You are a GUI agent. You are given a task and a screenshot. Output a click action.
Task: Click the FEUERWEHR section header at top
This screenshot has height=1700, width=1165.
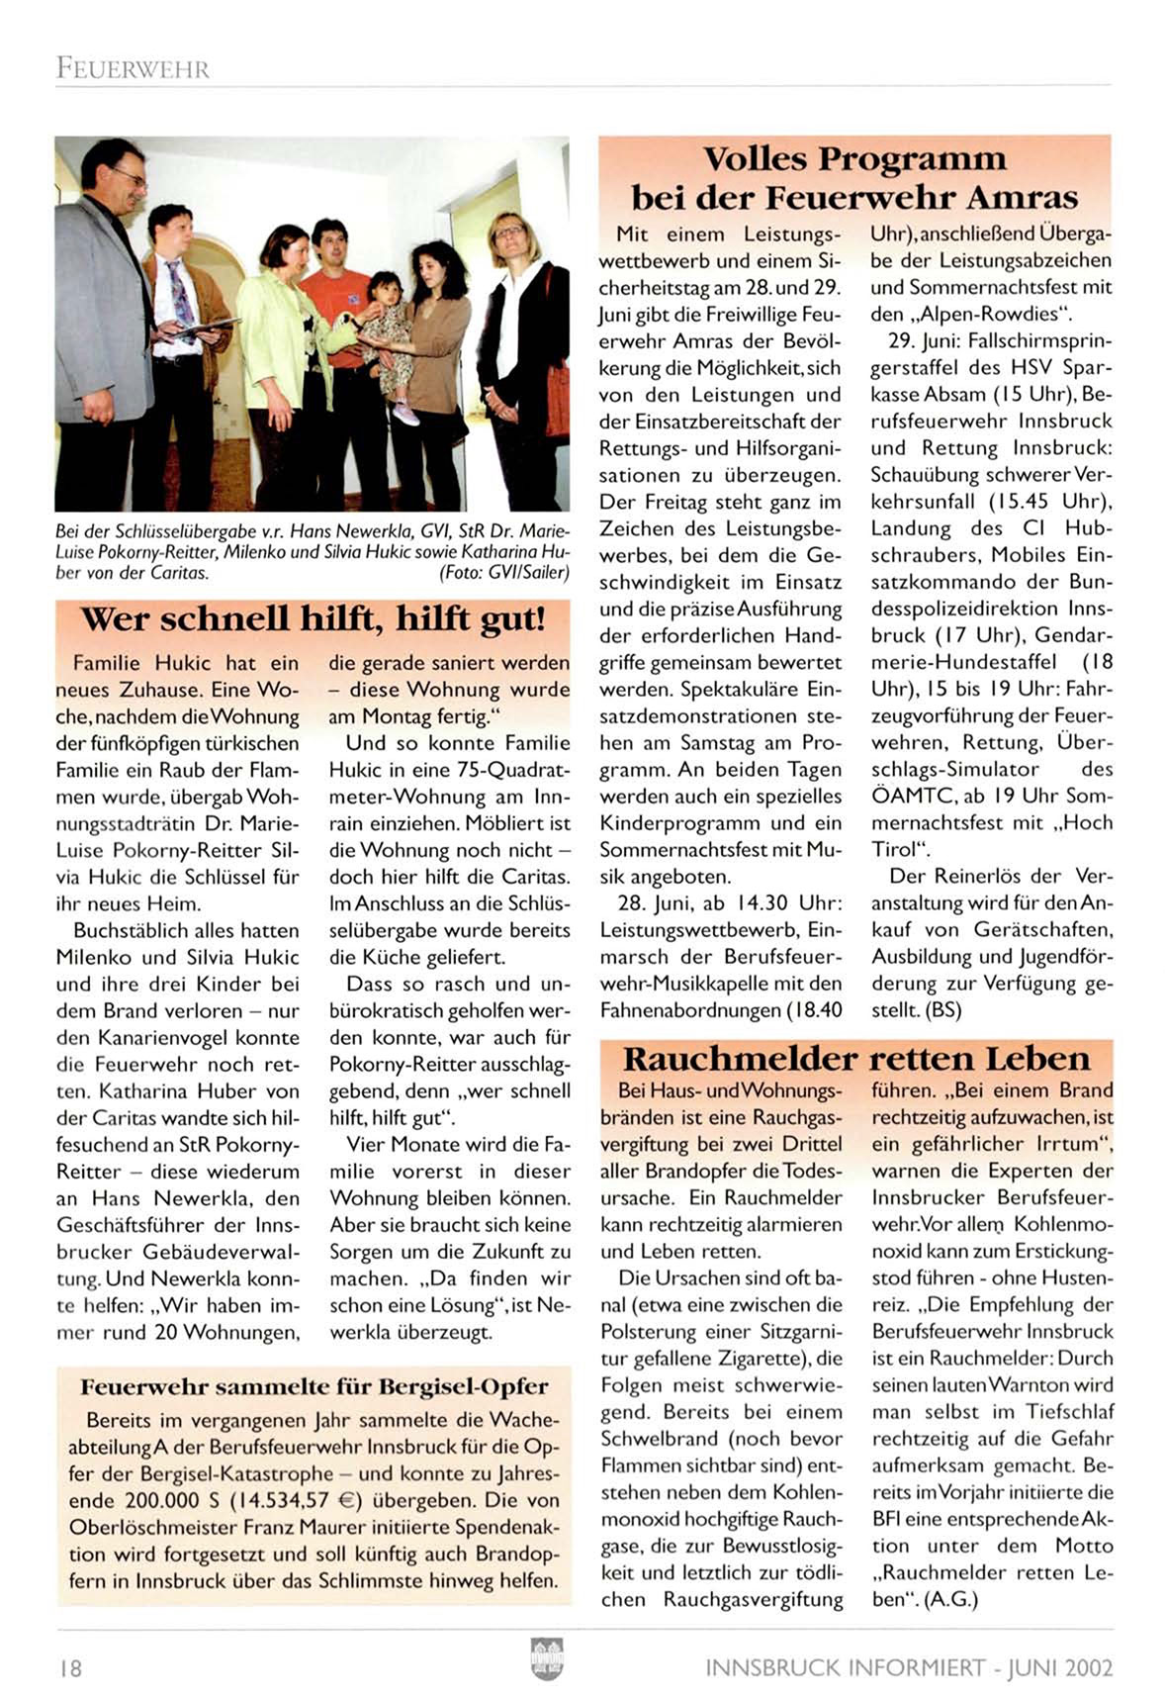tap(133, 69)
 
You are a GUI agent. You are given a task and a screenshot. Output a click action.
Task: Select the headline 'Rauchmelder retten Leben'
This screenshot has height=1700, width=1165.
tap(856, 1059)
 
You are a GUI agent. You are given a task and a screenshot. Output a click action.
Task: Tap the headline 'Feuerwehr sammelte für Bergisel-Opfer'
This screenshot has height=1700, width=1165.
tap(314, 1386)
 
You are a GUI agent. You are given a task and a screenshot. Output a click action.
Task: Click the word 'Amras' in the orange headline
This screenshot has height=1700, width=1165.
tap(1021, 197)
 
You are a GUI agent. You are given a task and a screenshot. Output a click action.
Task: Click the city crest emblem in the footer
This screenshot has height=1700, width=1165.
tap(546, 1658)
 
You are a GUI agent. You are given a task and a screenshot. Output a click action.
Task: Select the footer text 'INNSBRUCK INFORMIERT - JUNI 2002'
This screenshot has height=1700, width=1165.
tap(909, 1668)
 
